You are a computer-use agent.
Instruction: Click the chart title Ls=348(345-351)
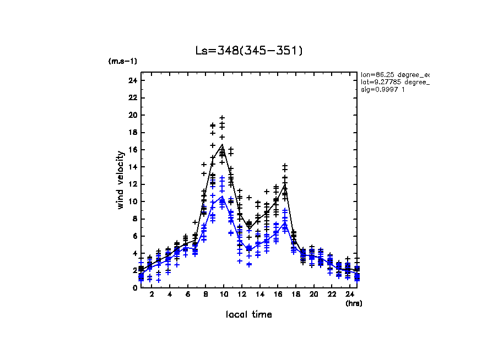[249, 51]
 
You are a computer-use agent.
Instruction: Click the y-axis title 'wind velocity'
[120, 180]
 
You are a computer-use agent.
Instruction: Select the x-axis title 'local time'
[249, 314]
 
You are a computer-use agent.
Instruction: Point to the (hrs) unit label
[354, 303]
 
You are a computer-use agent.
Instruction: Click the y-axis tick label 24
[132, 81]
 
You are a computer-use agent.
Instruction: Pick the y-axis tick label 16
[132, 150]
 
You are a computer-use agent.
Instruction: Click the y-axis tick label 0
[134, 287]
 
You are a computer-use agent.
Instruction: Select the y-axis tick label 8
[134, 219]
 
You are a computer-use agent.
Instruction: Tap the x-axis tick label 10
[222, 295]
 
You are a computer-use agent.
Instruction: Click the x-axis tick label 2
[150, 295]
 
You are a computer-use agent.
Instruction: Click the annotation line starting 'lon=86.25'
[394, 74]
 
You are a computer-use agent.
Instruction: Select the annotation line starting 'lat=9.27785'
[394, 82]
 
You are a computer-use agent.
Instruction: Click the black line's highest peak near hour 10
[222, 145]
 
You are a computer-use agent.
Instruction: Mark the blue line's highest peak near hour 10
[222, 196]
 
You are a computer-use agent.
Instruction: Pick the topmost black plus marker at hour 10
[222, 118]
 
